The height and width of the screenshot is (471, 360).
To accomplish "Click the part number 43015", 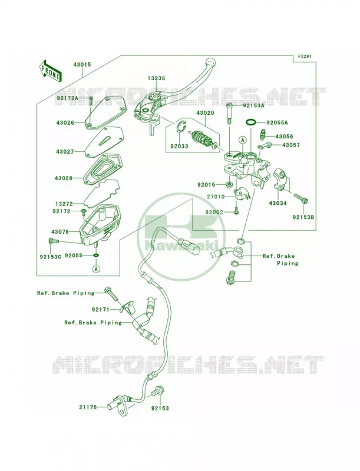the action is (82, 65).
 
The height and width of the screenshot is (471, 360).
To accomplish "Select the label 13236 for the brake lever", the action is (156, 78).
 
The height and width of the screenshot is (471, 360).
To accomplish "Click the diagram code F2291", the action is (305, 56).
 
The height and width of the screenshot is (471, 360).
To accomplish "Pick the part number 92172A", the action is (67, 98).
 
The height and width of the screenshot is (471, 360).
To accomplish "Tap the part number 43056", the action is (284, 137).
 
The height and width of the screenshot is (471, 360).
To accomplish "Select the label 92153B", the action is (303, 217).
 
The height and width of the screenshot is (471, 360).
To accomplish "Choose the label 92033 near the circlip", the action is (179, 146).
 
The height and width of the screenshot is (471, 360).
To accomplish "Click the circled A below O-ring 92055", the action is (96, 268).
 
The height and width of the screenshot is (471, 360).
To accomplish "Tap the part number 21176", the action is (88, 407).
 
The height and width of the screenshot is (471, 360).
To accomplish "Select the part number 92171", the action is (101, 309).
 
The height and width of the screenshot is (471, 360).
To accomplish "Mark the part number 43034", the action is (278, 203).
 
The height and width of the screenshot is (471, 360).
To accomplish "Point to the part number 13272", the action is (64, 204).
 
